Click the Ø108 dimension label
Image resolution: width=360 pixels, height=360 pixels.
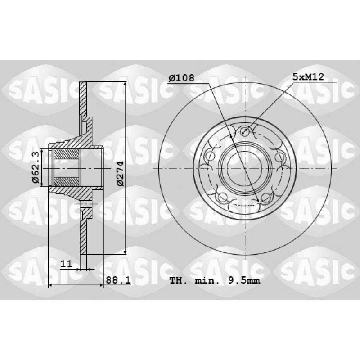[x=181, y=78]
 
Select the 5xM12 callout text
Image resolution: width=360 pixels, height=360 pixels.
[x=308, y=76]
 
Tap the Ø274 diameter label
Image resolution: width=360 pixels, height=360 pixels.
[x=120, y=173]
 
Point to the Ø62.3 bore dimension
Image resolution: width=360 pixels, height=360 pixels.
[x=36, y=167]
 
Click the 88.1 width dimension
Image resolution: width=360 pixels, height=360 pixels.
[x=118, y=280]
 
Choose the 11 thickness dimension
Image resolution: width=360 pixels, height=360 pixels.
[x=66, y=264]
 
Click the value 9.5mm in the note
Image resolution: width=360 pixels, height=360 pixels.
[x=244, y=280]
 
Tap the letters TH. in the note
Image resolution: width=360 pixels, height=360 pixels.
[x=178, y=280]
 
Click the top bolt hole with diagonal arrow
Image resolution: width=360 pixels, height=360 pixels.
[x=245, y=131]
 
